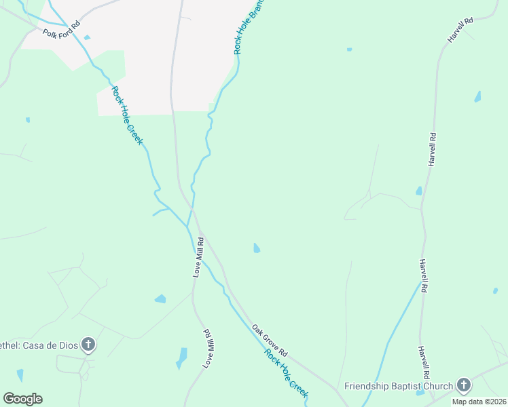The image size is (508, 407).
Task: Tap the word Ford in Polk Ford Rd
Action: [x=62, y=28]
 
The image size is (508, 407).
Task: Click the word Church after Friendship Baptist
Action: [x=440, y=387]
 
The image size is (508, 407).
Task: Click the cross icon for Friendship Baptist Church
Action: [x=464, y=385]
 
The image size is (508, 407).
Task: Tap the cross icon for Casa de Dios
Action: [x=88, y=345]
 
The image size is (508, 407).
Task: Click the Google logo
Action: [x=22, y=399]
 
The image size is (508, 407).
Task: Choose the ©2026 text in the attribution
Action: [x=495, y=402]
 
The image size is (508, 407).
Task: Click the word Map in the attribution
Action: [x=460, y=402]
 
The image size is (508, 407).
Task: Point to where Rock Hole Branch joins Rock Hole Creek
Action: [x=188, y=225]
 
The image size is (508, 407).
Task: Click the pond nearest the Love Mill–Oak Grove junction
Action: [x=256, y=248]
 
